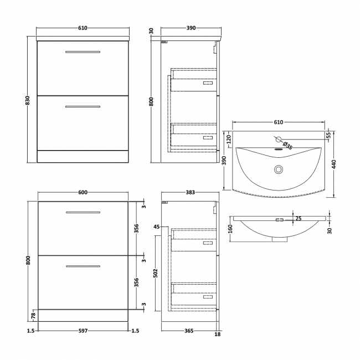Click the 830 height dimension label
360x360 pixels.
point(27,100)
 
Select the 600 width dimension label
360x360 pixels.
point(83,193)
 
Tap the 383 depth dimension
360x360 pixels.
point(190,193)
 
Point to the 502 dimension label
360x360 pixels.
point(156,272)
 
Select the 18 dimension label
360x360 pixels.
point(218,334)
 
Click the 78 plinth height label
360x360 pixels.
point(33,315)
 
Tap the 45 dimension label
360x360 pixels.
point(157,227)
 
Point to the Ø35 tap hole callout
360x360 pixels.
point(287,145)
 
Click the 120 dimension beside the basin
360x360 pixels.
point(229,139)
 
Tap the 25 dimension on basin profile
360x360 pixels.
point(299,219)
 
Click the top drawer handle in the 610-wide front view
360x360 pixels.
point(83,52)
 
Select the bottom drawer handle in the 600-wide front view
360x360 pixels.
point(83,266)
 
